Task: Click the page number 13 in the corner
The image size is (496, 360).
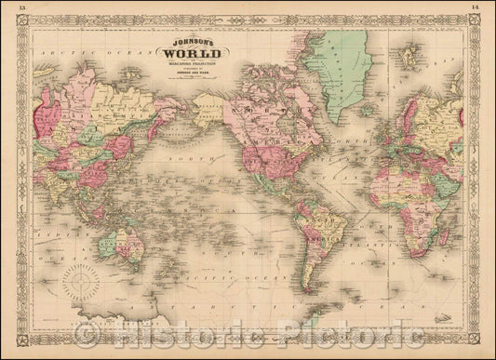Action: pyautogui.click(x=10, y=6)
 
